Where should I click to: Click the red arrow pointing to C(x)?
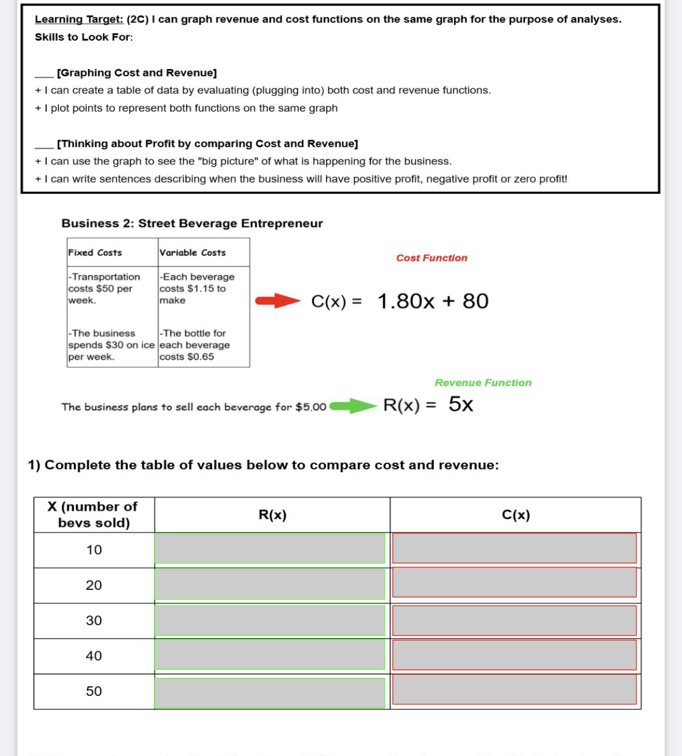click(x=278, y=301)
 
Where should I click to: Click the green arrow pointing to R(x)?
click(x=353, y=406)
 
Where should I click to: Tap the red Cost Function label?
click(x=432, y=258)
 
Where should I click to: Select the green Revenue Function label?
click(x=483, y=383)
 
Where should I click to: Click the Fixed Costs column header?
click(x=95, y=252)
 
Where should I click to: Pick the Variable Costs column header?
click(x=192, y=252)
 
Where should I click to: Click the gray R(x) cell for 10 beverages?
click(x=270, y=549)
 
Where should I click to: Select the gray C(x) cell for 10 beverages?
click(x=514, y=548)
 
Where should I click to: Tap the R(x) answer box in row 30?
click(x=270, y=620)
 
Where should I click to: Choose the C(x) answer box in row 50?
click(x=514, y=690)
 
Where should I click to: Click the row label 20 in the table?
click(x=94, y=585)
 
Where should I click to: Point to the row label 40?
click(x=94, y=655)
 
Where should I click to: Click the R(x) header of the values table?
click(x=272, y=515)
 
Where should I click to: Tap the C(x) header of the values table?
click(x=516, y=515)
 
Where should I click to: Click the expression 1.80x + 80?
click(x=433, y=301)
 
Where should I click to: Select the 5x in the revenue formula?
click(x=461, y=404)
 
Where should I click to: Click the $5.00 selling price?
click(x=311, y=407)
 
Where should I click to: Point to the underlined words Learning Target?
click(x=79, y=19)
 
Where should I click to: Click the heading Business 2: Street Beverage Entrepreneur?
click(x=192, y=223)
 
